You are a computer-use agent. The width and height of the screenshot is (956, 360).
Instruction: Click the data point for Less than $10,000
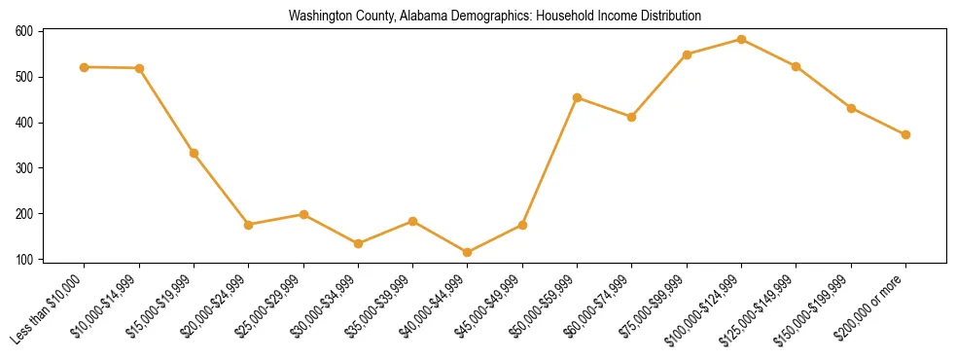click(85, 67)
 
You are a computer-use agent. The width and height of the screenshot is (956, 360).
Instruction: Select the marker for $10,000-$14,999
click(139, 68)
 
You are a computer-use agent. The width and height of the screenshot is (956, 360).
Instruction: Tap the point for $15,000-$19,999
click(194, 153)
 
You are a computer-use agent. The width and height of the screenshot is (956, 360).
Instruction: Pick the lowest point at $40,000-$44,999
click(468, 253)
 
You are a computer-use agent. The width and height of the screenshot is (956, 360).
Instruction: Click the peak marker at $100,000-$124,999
click(741, 40)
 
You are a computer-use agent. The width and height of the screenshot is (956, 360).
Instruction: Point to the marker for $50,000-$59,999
click(578, 97)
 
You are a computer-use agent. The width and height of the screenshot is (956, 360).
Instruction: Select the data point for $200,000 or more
click(905, 134)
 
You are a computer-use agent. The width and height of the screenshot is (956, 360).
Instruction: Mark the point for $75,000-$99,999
click(687, 54)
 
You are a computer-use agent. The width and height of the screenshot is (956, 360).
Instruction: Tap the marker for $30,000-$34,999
click(358, 243)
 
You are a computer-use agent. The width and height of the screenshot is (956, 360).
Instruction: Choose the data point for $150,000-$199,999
click(851, 108)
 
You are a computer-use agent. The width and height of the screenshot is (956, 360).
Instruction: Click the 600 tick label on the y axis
click(23, 31)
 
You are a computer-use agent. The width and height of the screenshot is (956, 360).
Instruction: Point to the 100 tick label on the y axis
click(23, 260)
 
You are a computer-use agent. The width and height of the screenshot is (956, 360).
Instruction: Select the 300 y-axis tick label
click(23, 168)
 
